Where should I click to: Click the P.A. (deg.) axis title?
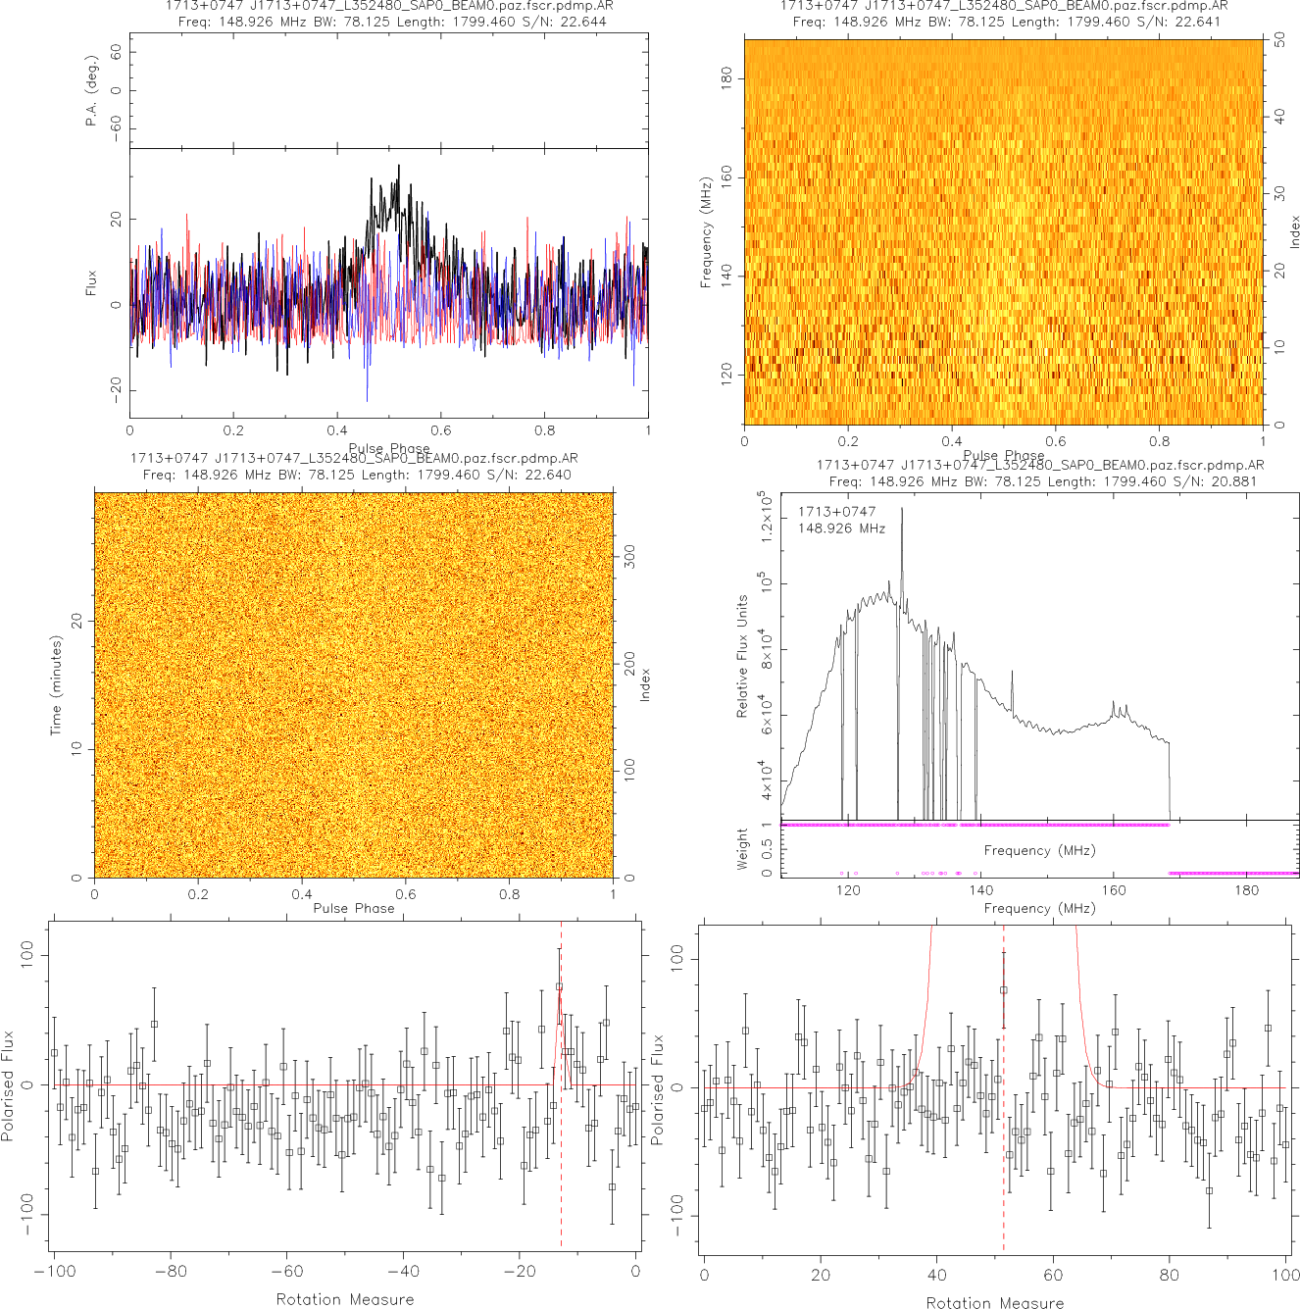pos(91,90)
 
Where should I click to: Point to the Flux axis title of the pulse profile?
pos(91,283)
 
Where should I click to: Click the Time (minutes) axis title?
pos(56,685)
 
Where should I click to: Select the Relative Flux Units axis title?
pos(742,656)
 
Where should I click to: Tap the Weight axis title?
pos(742,848)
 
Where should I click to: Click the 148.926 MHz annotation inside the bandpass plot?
pos(841,529)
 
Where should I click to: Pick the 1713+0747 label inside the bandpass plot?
pos(836,512)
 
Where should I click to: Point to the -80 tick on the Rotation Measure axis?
pos(171,1272)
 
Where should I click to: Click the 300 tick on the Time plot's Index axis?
pos(629,557)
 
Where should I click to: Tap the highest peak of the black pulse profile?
pos(398,167)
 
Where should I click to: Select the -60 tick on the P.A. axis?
pos(117,127)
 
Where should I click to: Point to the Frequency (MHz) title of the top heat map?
pos(706,232)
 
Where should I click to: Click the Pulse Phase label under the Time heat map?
pos(354,908)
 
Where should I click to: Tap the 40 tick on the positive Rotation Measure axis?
pos(937,1275)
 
